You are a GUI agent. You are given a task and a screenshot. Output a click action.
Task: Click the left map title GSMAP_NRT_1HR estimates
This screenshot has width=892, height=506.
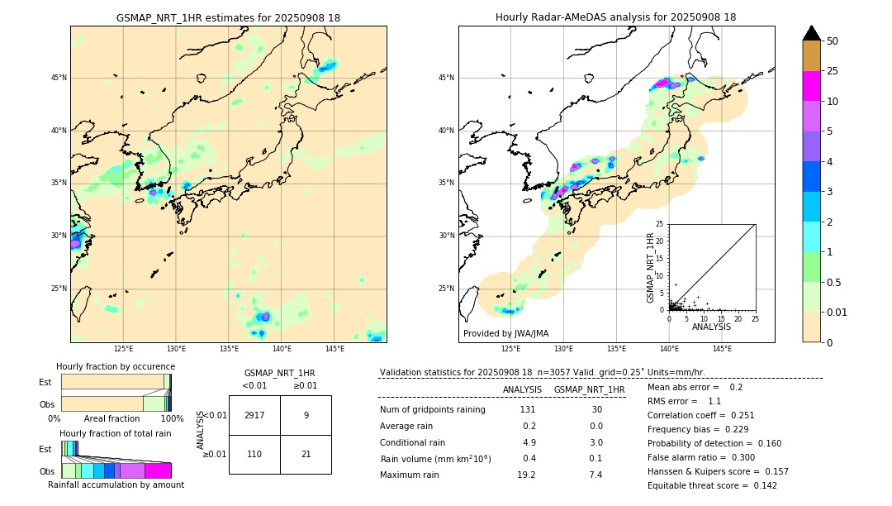[x=228, y=17]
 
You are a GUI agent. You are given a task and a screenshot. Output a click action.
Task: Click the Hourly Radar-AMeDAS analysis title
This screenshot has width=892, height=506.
[x=615, y=17]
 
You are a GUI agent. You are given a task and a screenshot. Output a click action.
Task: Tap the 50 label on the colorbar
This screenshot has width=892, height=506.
[x=833, y=41]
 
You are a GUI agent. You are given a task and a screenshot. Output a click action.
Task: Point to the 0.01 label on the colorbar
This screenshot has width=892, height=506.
[x=837, y=312]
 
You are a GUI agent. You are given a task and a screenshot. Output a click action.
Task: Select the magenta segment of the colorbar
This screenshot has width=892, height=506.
[x=812, y=86]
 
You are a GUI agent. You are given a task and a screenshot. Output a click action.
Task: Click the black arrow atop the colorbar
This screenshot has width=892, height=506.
[x=812, y=33]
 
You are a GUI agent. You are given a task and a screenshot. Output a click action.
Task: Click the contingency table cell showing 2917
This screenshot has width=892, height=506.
[x=254, y=415]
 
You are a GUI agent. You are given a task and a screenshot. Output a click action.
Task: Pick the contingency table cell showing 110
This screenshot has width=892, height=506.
[x=254, y=455]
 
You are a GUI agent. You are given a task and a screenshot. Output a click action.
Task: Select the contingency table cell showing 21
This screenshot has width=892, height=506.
[x=306, y=455]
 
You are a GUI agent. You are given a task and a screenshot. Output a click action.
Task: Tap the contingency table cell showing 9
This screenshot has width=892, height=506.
[x=306, y=415]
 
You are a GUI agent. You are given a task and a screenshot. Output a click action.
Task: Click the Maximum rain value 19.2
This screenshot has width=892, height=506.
[x=526, y=475]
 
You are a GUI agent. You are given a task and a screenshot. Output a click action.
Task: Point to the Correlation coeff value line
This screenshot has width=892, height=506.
[x=700, y=415]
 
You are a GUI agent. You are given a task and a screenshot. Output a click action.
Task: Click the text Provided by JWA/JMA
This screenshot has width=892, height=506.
[x=505, y=334]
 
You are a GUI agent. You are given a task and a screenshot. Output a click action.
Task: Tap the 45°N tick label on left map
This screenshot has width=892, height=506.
[x=59, y=78]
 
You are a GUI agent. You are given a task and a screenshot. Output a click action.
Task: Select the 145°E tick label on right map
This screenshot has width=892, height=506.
[x=722, y=350]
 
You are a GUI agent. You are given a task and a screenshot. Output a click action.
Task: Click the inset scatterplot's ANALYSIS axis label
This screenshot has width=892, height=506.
[x=711, y=327]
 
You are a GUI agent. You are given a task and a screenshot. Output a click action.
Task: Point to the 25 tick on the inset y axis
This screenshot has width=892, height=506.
[x=660, y=224]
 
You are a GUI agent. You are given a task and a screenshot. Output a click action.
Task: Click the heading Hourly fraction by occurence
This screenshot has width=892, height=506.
[x=116, y=366]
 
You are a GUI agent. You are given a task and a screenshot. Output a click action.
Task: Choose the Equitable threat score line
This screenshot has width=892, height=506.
[x=712, y=485]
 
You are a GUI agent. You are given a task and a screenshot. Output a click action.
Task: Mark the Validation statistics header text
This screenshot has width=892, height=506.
[x=542, y=373]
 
